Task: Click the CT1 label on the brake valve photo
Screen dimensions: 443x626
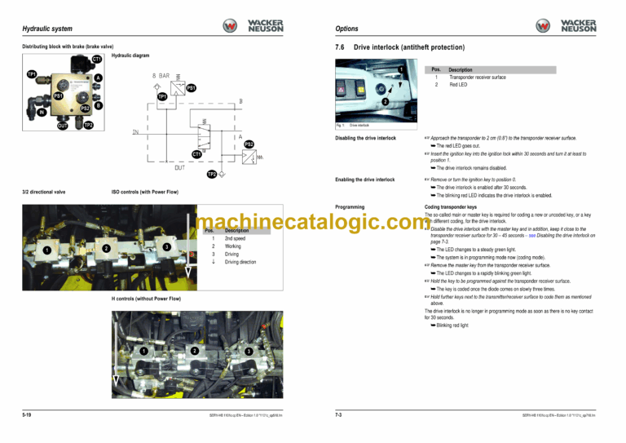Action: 96,60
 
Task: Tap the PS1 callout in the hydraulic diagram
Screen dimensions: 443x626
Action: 191,88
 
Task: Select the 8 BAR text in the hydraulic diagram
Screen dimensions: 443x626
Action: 161,75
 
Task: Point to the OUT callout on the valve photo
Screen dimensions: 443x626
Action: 63,126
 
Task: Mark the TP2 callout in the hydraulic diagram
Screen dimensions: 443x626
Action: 212,174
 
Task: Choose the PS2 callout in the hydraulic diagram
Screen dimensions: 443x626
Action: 249,144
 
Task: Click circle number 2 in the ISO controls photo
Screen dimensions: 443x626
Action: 107,248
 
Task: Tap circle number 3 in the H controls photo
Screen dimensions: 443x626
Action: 248,351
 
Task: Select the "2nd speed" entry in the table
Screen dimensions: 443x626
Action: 232,238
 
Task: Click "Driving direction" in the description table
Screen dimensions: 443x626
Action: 240,262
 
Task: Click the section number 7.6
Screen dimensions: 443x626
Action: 341,48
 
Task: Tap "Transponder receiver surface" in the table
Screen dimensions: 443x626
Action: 478,78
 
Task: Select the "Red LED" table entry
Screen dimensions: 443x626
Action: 458,85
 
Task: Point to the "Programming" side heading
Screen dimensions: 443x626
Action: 349,207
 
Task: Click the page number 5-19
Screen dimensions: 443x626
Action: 28,415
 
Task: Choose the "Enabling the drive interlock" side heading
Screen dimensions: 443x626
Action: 364,179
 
